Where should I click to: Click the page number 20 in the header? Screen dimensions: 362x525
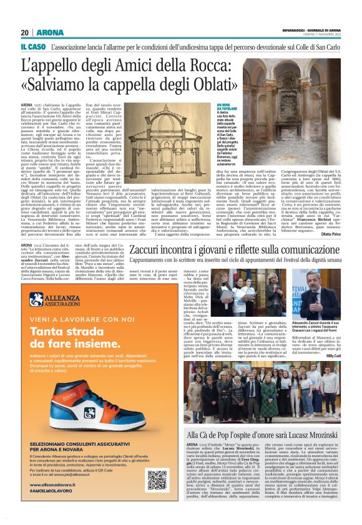(24, 32)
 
